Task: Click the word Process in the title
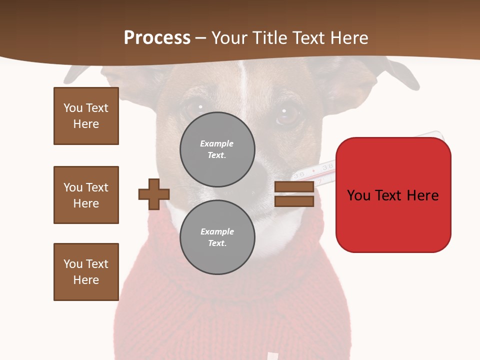157,38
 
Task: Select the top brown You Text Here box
86,116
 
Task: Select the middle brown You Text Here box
86,195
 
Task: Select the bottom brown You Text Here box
86,272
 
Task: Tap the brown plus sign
154,194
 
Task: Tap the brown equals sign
294,194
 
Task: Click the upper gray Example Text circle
217,149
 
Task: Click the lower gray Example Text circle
217,237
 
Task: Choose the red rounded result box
393,195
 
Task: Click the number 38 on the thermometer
328,165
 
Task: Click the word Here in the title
348,38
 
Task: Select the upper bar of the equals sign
294,187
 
